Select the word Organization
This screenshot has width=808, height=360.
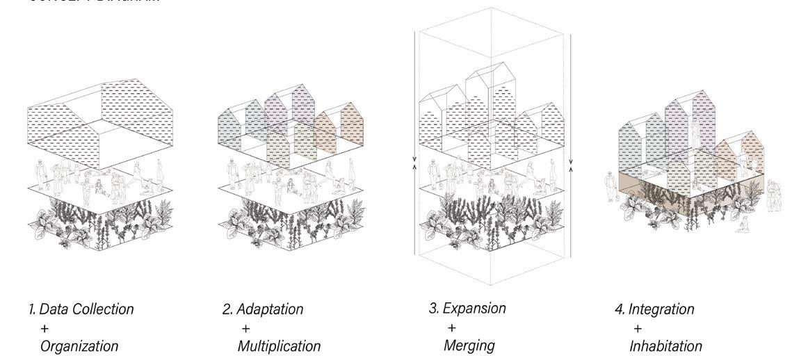(x=79, y=345)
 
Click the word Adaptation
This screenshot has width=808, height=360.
(x=270, y=309)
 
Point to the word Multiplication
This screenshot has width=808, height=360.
(x=279, y=345)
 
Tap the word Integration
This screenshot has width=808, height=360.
(x=661, y=309)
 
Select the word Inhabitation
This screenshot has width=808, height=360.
(x=665, y=345)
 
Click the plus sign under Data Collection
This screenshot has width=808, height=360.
(x=45, y=327)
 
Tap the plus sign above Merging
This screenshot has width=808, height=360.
(x=451, y=327)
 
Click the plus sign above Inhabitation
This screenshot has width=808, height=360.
(x=638, y=327)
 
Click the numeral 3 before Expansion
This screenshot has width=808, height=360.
(x=432, y=308)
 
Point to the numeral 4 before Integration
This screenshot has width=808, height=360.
(x=619, y=309)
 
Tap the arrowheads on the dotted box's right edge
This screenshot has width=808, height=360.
(x=572, y=164)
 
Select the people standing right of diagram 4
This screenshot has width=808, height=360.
(x=772, y=190)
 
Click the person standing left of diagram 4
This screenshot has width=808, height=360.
(x=611, y=188)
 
